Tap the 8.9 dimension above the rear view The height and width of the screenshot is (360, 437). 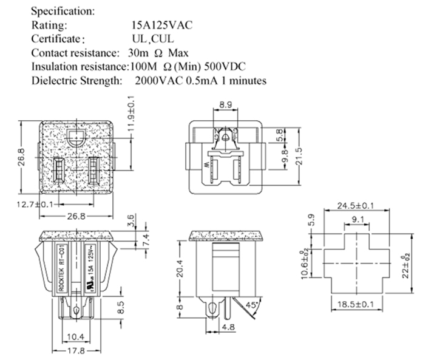pos(225,106)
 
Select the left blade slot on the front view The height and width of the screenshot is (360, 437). pos(59,171)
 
